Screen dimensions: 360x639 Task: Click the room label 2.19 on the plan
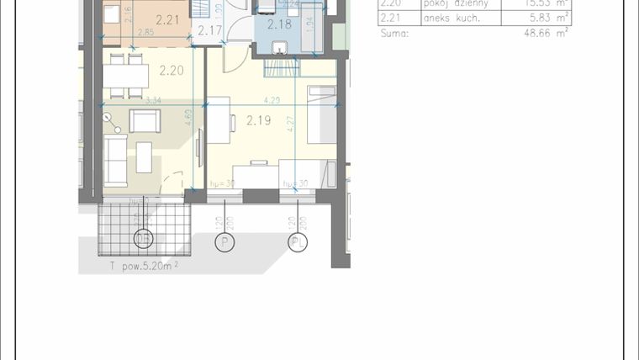pyautogui.click(x=258, y=120)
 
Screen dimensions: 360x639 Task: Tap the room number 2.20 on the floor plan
pyautogui.click(x=171, y=71)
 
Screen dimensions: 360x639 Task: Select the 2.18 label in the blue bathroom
pyautogui.click(x=279, y=24)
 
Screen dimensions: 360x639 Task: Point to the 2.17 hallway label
pyautogui.click(x=210, y=31)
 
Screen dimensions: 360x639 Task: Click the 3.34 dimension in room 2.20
pyautogui.click(x=153, y=101)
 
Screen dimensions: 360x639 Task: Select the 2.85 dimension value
pyautogui.click(x=145, y=33)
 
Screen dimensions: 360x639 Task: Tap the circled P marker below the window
pyautogui.click(x=224, y=242)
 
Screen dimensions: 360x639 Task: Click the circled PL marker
pyautogui.click(x=298, y=242)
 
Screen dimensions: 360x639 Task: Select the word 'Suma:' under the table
pyautogui.click(x=394, y=34)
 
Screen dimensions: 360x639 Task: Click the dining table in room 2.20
pyautogui.click(x=125, y=76)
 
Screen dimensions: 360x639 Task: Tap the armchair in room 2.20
pyautogui.click(x=145, y=122)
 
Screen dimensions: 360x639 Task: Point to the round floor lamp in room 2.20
pyautogui.click(x=107, y=117)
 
